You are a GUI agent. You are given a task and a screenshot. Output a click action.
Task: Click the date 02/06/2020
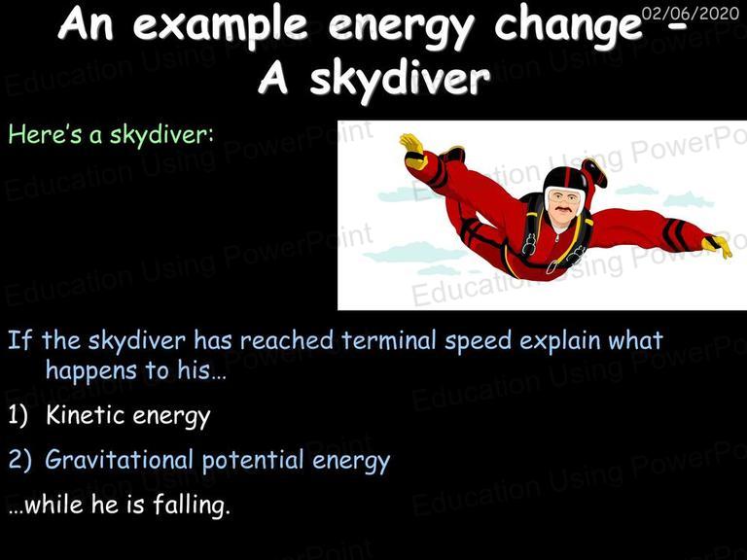(x=690, y=14)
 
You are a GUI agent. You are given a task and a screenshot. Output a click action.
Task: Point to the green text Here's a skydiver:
(x=111, y=134)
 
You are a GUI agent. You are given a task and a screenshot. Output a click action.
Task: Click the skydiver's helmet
(x=565, y=182)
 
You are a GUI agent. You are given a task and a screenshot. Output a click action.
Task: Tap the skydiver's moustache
(x=562, y=209)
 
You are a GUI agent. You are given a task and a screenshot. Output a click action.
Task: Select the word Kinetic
(x=87, y=415)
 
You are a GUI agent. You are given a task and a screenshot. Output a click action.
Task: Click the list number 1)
(x=18, y=415)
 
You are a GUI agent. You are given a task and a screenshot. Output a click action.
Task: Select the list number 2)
(x=19, y=460)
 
